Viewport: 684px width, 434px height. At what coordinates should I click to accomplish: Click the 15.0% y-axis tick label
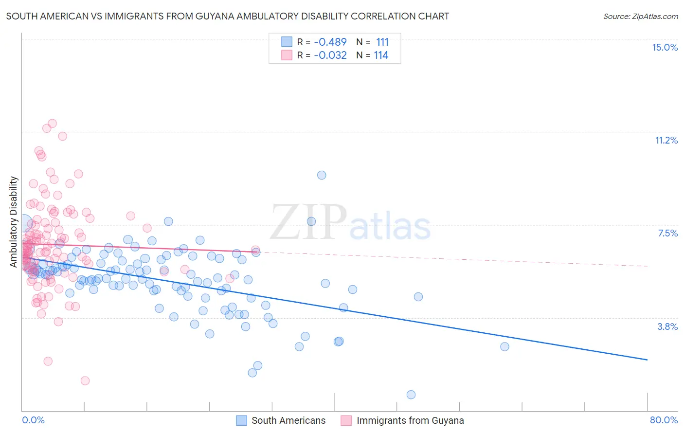665,47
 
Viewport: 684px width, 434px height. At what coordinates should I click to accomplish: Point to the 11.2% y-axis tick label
666,140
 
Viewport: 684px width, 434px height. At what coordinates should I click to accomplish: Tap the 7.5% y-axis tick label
667,233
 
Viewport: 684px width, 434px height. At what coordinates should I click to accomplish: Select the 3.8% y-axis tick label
667,326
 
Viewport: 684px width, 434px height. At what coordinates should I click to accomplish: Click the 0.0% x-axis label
33,420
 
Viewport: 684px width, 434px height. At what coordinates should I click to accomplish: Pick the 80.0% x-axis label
664,420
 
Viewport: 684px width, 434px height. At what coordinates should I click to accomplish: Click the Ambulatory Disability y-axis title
14,222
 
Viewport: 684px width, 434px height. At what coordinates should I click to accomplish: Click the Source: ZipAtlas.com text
640,16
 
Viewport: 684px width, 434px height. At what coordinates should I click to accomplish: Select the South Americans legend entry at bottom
281,420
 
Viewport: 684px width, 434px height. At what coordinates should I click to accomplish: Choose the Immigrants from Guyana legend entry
402,420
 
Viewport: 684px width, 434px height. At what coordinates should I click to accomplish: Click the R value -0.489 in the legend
330,42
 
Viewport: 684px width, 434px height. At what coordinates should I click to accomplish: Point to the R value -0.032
330,55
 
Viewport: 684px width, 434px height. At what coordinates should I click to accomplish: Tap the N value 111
382,42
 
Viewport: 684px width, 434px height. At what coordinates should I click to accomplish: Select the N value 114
381,55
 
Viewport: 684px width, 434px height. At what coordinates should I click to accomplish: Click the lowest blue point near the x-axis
411,395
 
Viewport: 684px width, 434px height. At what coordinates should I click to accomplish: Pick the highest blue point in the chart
322,175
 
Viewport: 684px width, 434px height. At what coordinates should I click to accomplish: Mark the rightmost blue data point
504,346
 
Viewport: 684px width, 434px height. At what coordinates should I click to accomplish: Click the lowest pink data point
85,380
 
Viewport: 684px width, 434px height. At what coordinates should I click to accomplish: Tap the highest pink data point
52,124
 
